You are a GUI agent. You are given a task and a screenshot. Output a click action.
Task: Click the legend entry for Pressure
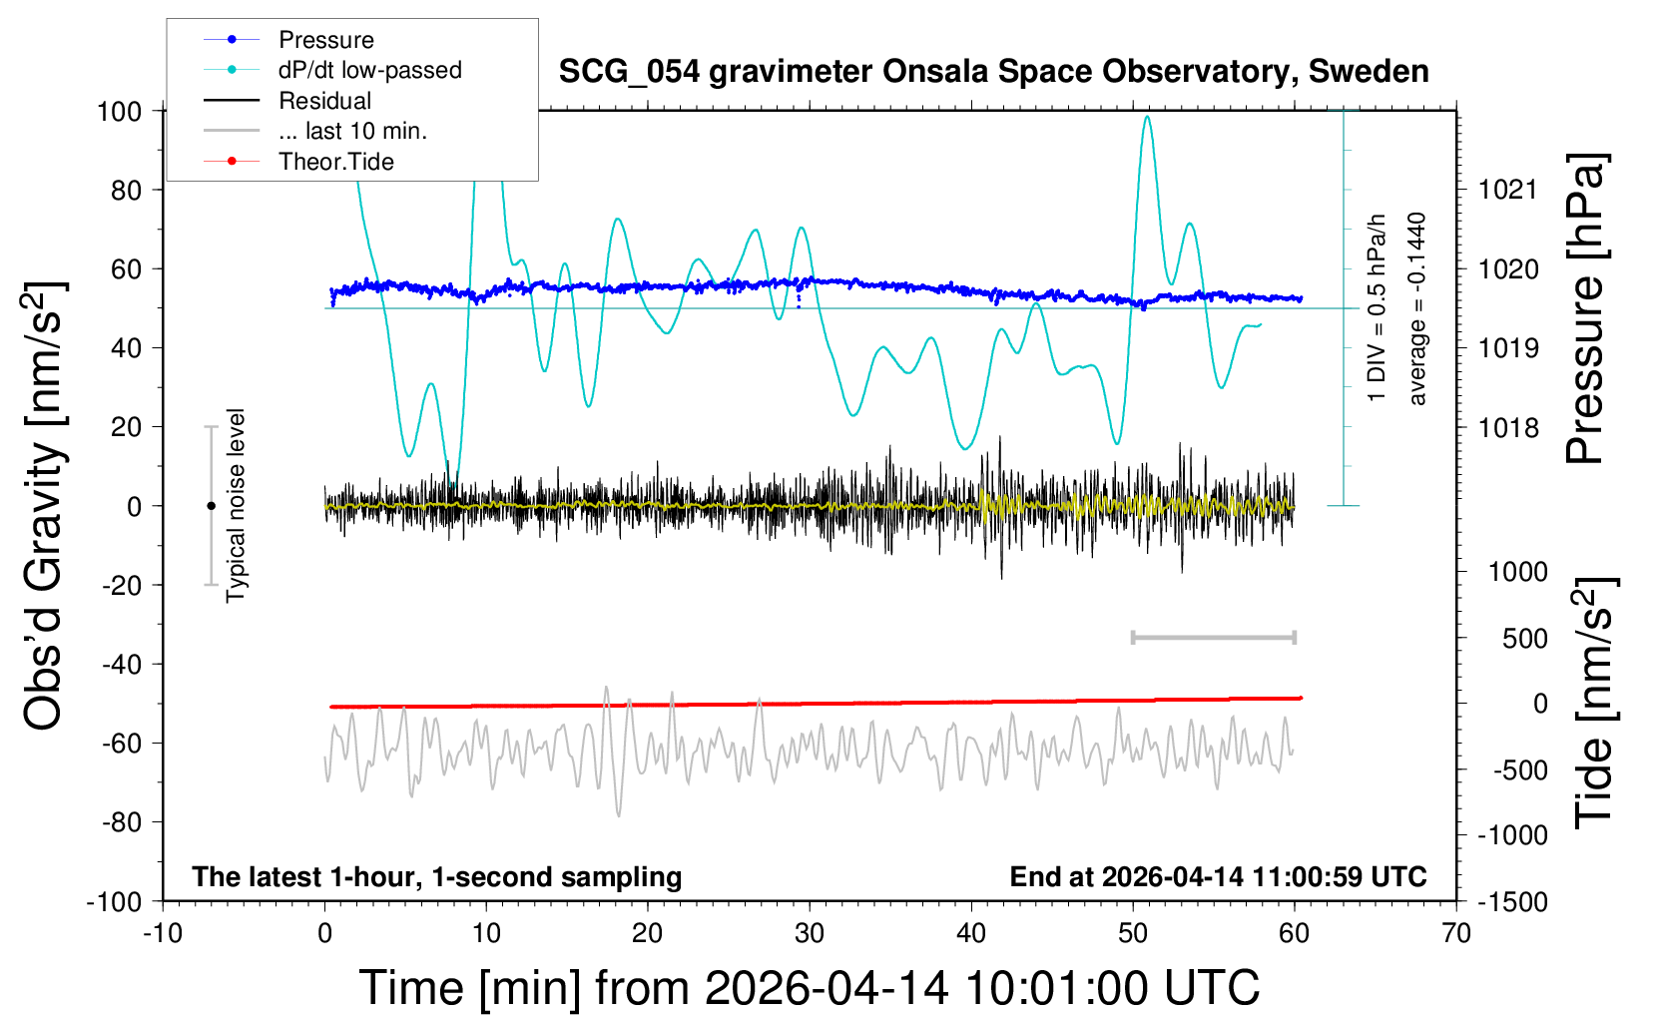tap(325, 40)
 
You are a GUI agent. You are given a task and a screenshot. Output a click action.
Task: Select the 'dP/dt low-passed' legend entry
tap(369, 70)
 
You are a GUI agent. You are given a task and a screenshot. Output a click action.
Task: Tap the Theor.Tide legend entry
tap(335, 162)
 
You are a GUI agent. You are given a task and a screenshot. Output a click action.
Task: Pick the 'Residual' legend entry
tap(324, 101)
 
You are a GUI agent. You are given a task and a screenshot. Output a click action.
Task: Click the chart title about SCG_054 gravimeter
tap(993, 72)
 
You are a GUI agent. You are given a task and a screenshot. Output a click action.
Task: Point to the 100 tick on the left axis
tap(119, 111)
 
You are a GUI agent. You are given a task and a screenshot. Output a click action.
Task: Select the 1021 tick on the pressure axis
tap(1507, 190)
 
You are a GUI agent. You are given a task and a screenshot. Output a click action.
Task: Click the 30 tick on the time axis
tap(810, 934)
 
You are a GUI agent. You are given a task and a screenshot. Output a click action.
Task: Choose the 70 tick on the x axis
tap(1456, 934)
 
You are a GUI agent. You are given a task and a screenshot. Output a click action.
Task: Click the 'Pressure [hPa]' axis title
tap(1584, 309)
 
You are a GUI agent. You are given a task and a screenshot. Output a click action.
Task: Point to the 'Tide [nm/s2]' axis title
tap(1593, 703)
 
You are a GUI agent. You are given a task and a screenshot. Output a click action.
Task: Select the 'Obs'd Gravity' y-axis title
tap(45, 506)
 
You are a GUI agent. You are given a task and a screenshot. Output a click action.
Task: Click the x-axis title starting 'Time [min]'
tap(809, 988)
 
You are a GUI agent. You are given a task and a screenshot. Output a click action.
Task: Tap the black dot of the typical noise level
tap(211, 506)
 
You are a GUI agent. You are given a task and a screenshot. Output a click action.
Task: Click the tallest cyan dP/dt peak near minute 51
tap(1147, 118)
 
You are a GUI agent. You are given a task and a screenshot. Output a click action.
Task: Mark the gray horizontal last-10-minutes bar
tap(1213, 637)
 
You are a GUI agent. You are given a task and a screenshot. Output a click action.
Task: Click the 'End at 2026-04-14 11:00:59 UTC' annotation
tap(1218, 877)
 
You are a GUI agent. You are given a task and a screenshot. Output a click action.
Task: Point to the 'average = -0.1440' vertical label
tap(1416, 308)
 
